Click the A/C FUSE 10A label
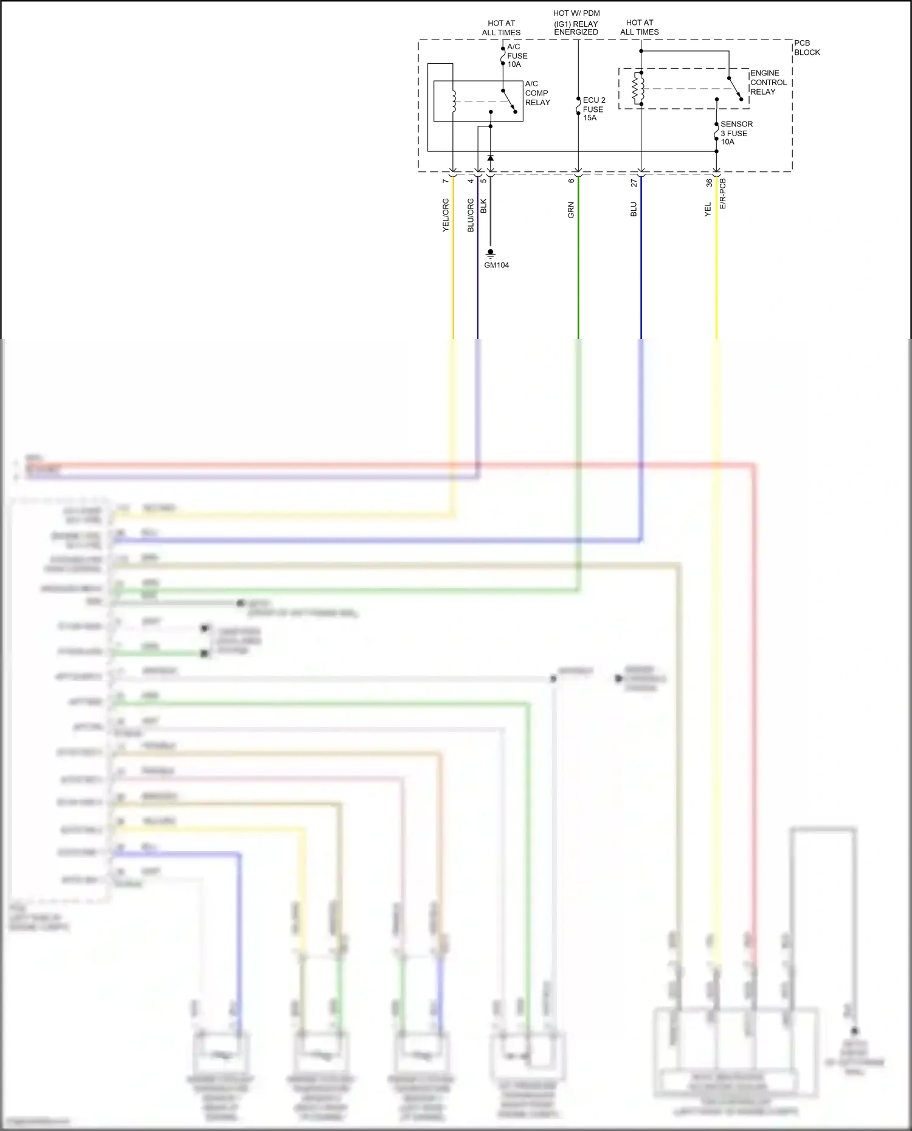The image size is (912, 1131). tap(517, 55)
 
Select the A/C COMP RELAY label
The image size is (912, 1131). tap(537, 93)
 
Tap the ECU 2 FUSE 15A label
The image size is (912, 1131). tap(594, 109)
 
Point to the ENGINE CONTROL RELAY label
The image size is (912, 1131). tap(768, 83)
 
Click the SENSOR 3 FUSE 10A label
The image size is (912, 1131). tap(736, 132)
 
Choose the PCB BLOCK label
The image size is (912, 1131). tap(807, 47)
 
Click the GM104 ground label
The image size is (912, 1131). tap(496, 265)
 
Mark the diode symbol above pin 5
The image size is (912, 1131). tap(490, 158)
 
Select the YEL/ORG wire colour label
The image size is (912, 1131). tap(446, 215)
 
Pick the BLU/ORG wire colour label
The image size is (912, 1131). tap(471, 215)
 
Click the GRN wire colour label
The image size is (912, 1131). tap(571, 210)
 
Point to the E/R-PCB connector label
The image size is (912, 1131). tap(723, 193)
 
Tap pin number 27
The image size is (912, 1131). tap(634, 182)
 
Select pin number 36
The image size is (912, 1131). tap(709, 182)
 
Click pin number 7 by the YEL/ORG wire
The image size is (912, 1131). tap(446, 180)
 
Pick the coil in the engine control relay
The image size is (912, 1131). tap(637, 89)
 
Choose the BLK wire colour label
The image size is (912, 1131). tap(484, 206)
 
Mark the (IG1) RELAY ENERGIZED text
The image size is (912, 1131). tap(576, 28)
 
